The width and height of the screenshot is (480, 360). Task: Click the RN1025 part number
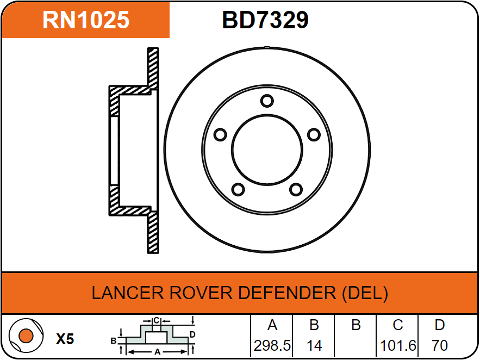86,20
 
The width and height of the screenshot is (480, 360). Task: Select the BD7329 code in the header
265,20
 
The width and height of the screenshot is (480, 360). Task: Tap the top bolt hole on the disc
266,101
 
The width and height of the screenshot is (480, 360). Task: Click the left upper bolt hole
220,134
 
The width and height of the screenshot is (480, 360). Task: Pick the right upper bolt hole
313,134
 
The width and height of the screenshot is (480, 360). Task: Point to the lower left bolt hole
238,189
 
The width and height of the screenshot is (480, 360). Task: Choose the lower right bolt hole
295,189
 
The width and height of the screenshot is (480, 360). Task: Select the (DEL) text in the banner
365,293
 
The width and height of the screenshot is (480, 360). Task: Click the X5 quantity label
65,339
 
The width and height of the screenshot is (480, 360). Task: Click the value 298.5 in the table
272,345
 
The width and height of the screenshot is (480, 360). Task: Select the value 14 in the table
314,345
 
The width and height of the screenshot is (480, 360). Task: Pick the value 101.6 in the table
398,345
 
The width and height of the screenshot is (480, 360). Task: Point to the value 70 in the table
439,345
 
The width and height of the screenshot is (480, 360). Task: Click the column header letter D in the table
439,325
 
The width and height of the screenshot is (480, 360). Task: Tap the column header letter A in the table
272,325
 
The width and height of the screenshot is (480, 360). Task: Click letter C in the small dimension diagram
155,320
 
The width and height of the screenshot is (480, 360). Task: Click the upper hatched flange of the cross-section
153,68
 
